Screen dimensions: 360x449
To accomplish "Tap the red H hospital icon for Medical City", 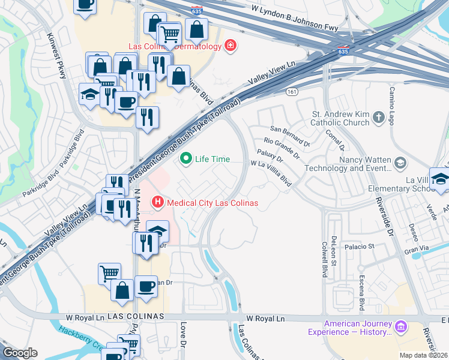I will click(x=158, y=202).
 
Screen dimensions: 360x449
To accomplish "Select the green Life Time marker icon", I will click(x=186, y=159).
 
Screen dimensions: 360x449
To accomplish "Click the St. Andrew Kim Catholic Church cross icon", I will click(x=378, y=118).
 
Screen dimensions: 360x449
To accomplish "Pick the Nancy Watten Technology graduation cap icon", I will click(x=400, y=163).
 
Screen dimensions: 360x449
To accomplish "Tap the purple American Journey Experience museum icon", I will click(x=400, y=327).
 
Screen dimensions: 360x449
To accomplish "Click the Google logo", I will click(x=20, y=353).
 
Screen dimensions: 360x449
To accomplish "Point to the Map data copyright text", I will click(x=424, y=355).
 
